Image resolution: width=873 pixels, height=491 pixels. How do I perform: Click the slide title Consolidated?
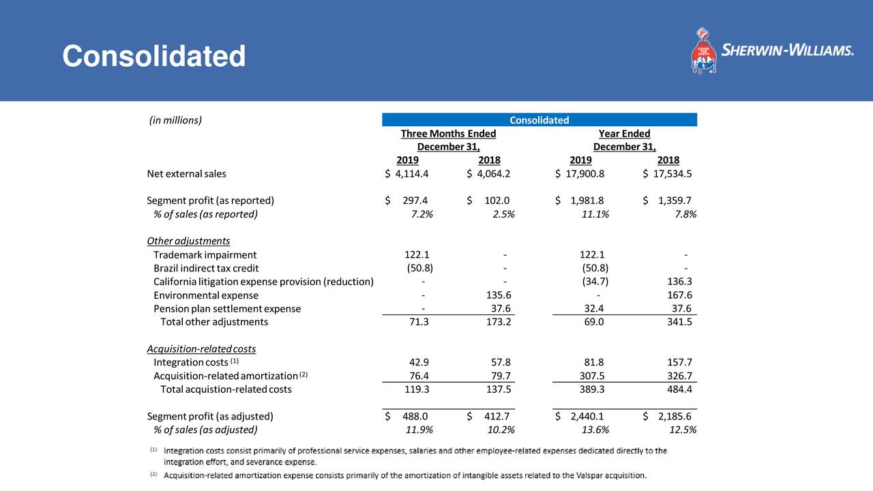[153, 56]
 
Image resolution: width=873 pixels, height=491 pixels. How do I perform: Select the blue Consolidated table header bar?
[539, 120]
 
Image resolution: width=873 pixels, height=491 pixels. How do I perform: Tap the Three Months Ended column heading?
[448, 134]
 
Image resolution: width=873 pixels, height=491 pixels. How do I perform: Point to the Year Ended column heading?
[624, 134]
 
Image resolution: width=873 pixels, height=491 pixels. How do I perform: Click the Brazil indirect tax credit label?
[206, 268]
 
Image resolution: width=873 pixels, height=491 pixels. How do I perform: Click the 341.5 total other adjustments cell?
[679, 322]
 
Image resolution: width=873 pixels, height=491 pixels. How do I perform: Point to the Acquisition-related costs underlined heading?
[201, 348]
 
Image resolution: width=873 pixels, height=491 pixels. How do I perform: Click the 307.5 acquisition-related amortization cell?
[591, 376]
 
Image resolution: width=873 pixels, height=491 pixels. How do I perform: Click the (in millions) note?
[175, 121]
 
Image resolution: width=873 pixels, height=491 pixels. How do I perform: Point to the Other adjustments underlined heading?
[188, 241]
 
